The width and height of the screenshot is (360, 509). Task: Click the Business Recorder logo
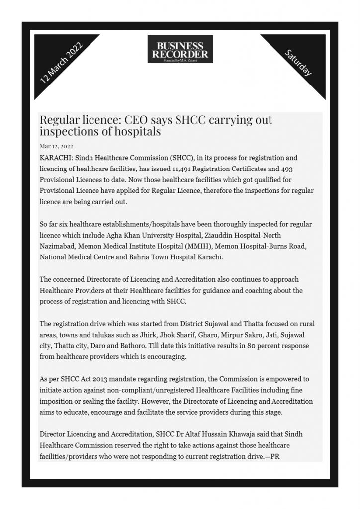coord(180,49)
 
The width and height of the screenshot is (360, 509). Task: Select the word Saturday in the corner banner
coord(298,63)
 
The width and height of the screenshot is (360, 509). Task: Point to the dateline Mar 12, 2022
coord(56,146)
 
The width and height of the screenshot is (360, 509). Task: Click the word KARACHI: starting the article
coord(56,158)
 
